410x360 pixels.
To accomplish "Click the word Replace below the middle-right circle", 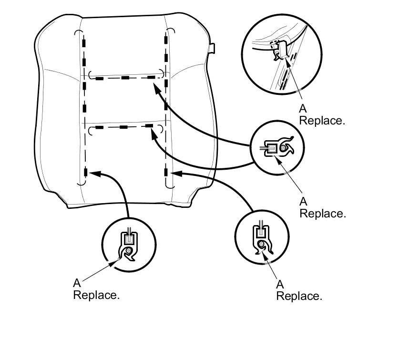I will click(322, 213).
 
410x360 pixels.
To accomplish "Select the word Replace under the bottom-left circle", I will click(95, 295).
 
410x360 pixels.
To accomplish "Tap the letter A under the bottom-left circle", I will click(77, 283).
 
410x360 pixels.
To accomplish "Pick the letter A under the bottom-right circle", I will click(280, 285).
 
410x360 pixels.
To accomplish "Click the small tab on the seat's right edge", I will click(213, 48).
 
